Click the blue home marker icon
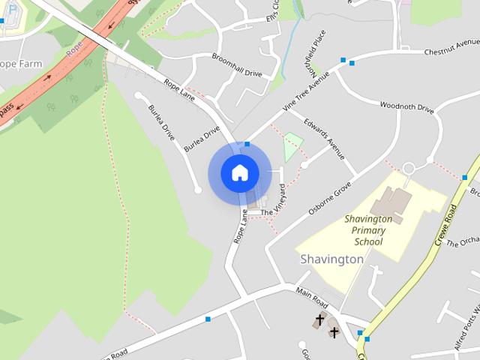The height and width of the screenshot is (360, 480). [239, 173]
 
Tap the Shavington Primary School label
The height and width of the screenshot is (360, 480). [368, 230]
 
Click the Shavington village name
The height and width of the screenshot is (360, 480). [331, 259]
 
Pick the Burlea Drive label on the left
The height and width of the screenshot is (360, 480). [161, 122]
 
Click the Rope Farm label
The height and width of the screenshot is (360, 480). [21, 64]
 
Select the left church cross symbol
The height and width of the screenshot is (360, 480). [319, 320]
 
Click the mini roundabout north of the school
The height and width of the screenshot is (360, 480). [409, 168]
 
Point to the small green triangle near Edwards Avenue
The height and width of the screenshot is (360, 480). [292, 147]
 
